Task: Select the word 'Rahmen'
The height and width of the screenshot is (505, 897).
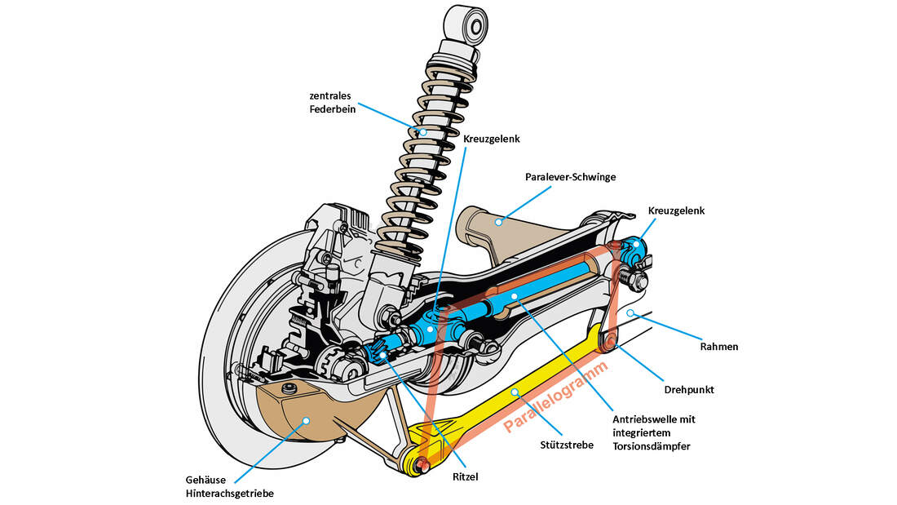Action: pos(718,346)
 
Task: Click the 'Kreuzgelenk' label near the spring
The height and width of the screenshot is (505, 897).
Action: pos(491,139)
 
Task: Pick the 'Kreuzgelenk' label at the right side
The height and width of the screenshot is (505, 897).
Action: pos(675,210)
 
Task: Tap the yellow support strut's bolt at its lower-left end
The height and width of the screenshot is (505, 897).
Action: pos(422,465)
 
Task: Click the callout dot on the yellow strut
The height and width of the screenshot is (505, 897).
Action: pos(515,392)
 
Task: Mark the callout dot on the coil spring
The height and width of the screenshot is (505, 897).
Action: pos(422,131)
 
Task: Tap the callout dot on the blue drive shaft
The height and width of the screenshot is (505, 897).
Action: pos(515,295)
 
